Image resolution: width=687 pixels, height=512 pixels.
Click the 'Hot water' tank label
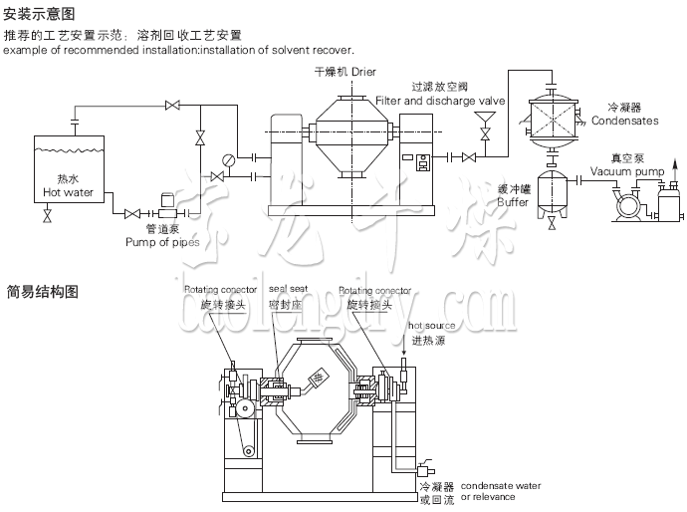[68, 192]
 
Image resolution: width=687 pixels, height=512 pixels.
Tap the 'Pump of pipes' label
[162, 242]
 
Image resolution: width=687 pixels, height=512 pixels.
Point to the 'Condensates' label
[624, 121]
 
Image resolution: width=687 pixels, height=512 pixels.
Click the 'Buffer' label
[514, 202]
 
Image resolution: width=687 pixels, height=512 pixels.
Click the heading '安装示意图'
[39, 14]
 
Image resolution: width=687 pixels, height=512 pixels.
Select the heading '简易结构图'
[39, 292]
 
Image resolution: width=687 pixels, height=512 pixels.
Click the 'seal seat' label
[288, 290]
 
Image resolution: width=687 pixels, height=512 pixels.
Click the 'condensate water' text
[501, 486]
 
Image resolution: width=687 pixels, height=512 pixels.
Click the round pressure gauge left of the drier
[229, 159]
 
